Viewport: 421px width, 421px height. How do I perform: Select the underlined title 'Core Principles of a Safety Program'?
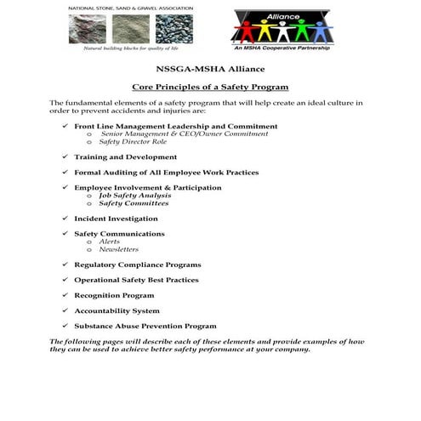click(211, 87)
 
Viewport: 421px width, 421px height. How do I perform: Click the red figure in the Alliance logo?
click(247, 31)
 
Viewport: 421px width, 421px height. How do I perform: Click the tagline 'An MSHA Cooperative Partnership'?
click(283, 48)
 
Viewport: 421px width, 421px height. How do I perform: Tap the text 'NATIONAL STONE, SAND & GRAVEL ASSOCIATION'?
click(131, 8)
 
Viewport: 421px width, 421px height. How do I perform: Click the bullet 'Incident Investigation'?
click(116, 219)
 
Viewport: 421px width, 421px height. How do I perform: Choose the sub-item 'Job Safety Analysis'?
click(134, 196)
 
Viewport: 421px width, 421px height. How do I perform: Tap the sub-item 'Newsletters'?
click(118, 249)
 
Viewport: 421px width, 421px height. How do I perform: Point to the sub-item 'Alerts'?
click(109, 242)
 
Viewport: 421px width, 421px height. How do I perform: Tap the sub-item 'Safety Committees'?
click(134, 203)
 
